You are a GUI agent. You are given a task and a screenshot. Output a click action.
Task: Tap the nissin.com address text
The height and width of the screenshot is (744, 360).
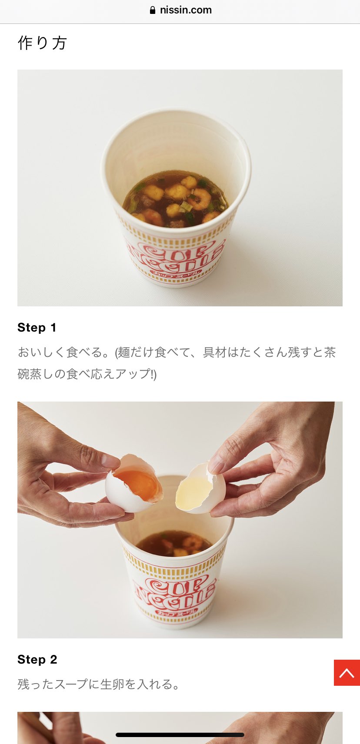pyautogui.click(x=186, y=10)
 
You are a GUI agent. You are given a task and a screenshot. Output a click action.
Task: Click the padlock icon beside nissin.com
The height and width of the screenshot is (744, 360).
pyautogui.click(x=153, y=10)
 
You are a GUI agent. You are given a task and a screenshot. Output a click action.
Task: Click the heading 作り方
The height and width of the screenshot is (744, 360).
pyautogui.click(x=42, y=43)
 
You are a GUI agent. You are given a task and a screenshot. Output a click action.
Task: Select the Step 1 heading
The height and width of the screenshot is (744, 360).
pyautogui.click(x=37, y=328)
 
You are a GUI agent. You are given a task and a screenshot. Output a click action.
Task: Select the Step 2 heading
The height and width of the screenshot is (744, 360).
pyautogui.click(x=37, y=659)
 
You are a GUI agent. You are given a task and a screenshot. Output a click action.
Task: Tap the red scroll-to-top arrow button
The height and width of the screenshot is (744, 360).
pyautogui.click(x=347, y=673)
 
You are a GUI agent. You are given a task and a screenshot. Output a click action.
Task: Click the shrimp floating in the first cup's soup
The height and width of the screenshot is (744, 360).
pyautogui.click(x=200, y=199)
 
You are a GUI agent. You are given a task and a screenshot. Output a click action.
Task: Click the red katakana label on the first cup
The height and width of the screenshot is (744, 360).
pyautogui.click(x=175, y=272)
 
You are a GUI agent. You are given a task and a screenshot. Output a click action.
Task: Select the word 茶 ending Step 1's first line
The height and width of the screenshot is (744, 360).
pyautogui.click(x=330, y=352)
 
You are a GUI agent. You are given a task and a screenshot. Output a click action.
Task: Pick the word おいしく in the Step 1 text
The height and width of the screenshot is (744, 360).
pyautogui.click(x=42, y=352)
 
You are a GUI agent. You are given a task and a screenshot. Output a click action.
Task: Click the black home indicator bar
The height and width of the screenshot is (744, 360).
pyautogui.click(x=180, y=735)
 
